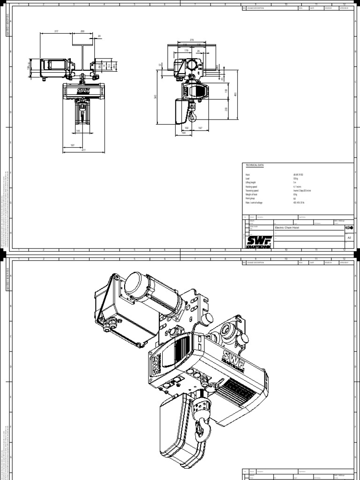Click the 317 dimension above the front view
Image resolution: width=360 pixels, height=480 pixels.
click(x=56, y=32)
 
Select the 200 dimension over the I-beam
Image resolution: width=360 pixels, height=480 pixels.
click(x=82, y=32)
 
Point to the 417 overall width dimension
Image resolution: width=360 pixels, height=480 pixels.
click(x=83, y=150)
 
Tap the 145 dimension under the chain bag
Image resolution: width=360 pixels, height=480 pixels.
click(x=78, y=131)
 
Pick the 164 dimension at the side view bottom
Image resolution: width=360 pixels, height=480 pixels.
click(x=183, y=133)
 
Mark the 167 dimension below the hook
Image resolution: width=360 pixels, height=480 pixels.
click(x=200, y=127)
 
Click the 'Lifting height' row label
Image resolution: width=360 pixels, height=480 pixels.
click(x=251, y=182)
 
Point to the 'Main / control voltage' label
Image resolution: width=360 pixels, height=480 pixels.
click(x=255, y=202)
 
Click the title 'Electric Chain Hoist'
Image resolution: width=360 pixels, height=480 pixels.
click(x=286, y=228)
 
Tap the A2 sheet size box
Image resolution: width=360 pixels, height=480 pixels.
click(x=349, y=238)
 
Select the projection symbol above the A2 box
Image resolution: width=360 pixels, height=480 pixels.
click(x=349, y=227)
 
